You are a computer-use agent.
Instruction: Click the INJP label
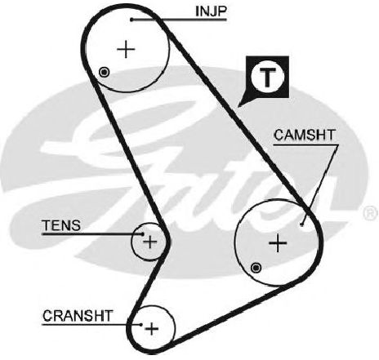point(211,11)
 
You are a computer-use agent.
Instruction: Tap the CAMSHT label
point(305,136)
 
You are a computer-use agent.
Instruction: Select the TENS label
point(61,225)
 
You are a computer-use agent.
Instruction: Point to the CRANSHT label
point(78,316)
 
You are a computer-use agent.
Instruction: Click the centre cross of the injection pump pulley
point(126,49)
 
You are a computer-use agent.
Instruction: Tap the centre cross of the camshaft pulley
point(278,242)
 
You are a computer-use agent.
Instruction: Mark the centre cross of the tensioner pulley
point(150,242)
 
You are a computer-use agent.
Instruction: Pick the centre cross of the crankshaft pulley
point(152,329)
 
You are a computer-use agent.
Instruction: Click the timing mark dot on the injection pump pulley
point(104,73)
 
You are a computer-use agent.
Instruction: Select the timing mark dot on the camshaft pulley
point(256,268)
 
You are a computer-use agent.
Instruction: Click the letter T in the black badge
point(267,77)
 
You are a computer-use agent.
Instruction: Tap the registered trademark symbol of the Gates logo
point(371,212)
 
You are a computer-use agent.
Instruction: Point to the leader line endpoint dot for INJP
point(132,20)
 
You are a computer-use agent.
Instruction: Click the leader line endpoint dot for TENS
point(142,233)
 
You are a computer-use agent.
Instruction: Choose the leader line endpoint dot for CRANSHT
point(140,324)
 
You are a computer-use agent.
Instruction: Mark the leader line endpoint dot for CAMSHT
point(301,224)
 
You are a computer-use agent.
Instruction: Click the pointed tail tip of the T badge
point(239,106)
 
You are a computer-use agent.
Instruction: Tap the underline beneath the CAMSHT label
point(306,144)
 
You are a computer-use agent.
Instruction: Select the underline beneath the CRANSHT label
point(91,324)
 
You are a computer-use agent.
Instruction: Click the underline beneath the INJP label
point(179,20)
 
